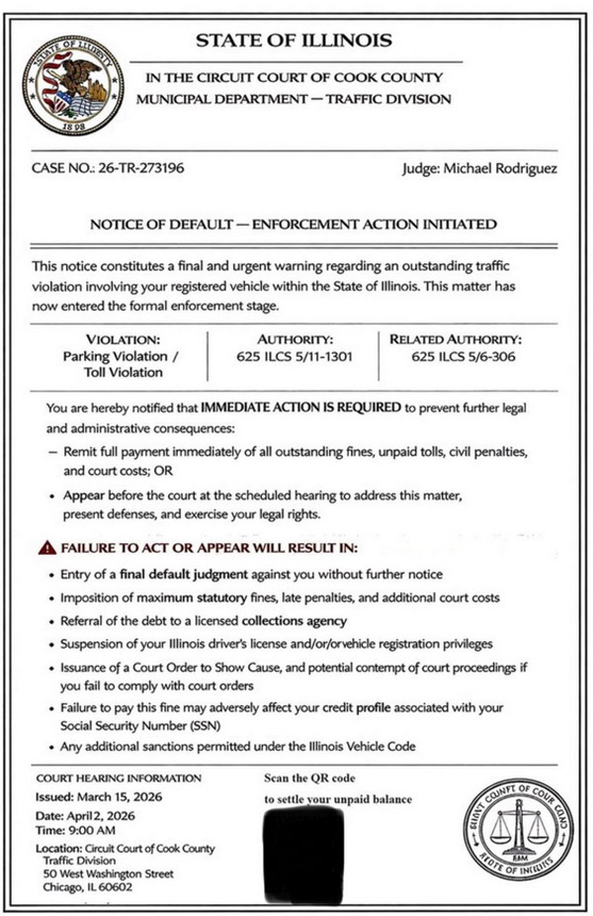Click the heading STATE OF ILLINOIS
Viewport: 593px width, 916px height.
click(294, 41)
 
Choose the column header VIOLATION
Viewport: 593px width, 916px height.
click(115, 338)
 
